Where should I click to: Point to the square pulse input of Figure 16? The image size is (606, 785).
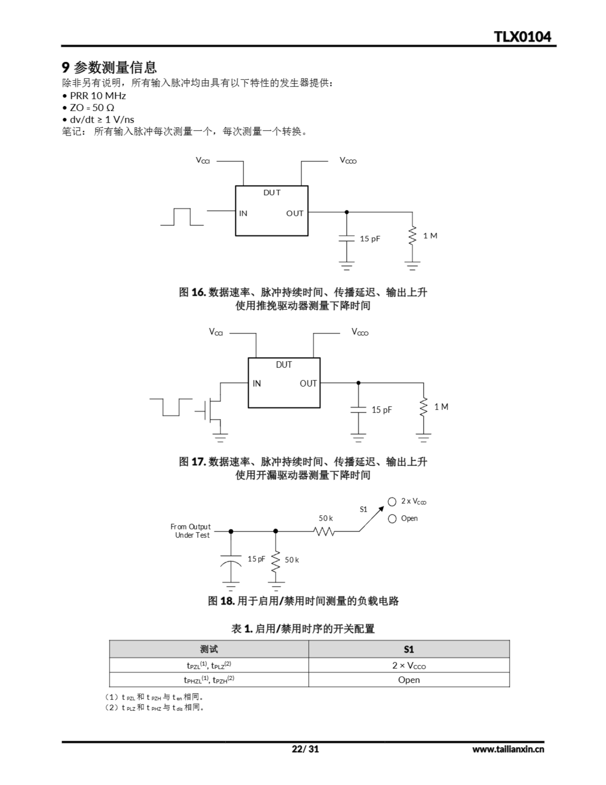[x=182, y=217]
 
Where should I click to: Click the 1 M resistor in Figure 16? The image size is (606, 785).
[x=412, y=236]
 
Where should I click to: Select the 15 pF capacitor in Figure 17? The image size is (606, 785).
[x=358, y=410]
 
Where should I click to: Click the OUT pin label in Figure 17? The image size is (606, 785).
[x=308, y=384]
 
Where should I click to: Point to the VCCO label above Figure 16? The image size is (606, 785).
[x=348, y=160]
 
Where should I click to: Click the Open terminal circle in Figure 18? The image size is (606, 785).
[x=392, y=519]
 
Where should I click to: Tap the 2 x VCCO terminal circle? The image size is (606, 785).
[x=392, y=501]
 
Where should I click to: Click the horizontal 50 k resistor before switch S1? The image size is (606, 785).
[x=324, y=531]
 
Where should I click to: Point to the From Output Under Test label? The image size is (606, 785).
[x=191, y=531]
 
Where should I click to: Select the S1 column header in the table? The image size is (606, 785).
[x=409, y=649]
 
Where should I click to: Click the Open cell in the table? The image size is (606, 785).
[x=409, y=680]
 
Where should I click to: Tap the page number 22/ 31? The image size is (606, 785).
[x=305, y=749]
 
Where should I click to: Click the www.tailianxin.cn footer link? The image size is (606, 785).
[x=508, y=749]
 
